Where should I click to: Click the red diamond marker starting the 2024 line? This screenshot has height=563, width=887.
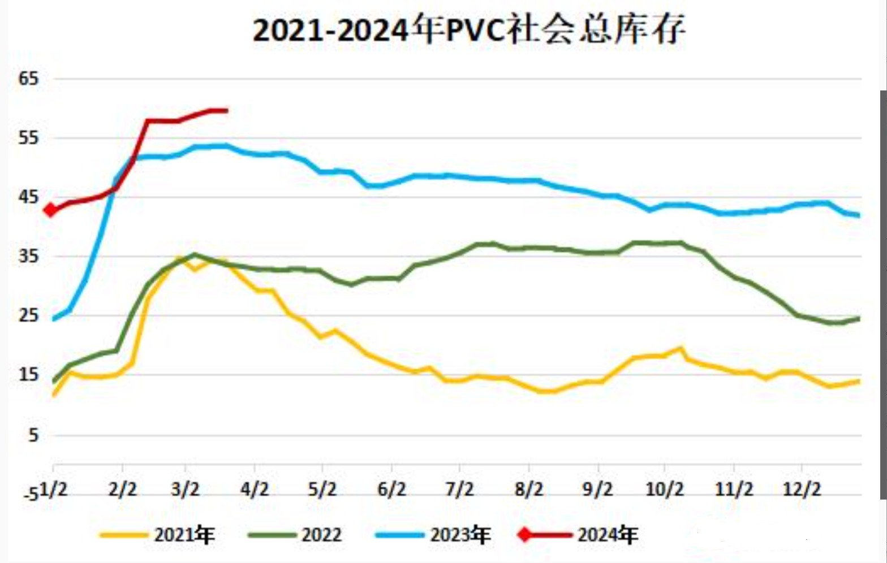click(50, 210)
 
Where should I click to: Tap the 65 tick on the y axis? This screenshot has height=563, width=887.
click(28, 79)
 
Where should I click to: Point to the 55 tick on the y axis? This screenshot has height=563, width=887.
click(28, 138)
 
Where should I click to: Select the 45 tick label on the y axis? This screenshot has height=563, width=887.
click(28, 197)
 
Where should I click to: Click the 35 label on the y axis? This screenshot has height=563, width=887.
click(28, 257)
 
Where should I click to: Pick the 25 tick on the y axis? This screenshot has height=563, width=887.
click(28, 315)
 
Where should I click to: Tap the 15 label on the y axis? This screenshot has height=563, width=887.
click(28, 375)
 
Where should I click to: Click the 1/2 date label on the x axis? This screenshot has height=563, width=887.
click(53, 489)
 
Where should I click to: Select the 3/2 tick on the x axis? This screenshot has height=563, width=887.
click(186, 489)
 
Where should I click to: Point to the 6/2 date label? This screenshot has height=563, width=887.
click(391, 489)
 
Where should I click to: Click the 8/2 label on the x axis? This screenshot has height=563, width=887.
click(529, 489)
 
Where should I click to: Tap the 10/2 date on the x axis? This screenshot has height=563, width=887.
click(665, 489)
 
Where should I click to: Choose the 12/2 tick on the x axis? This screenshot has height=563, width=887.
click(802, 489)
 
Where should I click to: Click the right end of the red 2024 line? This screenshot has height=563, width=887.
click(227, 110)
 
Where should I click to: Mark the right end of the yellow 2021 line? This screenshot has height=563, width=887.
click(859, 381)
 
